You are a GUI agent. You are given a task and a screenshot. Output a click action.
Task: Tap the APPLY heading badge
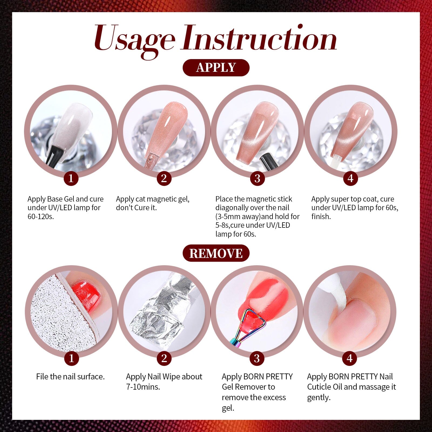coord(216,67)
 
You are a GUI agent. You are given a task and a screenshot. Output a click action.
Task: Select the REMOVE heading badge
coord(216,253)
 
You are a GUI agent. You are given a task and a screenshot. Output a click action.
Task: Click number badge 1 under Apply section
coord(71,178)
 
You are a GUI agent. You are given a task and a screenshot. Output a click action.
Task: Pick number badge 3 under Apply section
coord(257,178)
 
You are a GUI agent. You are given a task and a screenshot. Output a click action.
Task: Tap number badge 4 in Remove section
coord(350,359)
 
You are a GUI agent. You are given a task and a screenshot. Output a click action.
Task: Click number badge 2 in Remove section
coord(164,359)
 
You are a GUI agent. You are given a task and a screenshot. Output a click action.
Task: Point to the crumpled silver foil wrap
coord(159,313)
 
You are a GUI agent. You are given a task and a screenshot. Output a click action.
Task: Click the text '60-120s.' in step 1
coord(41,216)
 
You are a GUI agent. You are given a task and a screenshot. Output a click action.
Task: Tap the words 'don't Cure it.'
coord(136,208)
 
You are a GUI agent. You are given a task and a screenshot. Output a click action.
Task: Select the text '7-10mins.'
coord(143,387)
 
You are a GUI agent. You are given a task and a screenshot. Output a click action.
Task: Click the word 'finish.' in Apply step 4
coord(321,216)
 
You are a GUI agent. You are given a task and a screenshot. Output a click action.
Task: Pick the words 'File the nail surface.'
coord(70,377)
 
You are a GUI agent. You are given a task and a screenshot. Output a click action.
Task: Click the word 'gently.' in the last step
coord(319,398)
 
